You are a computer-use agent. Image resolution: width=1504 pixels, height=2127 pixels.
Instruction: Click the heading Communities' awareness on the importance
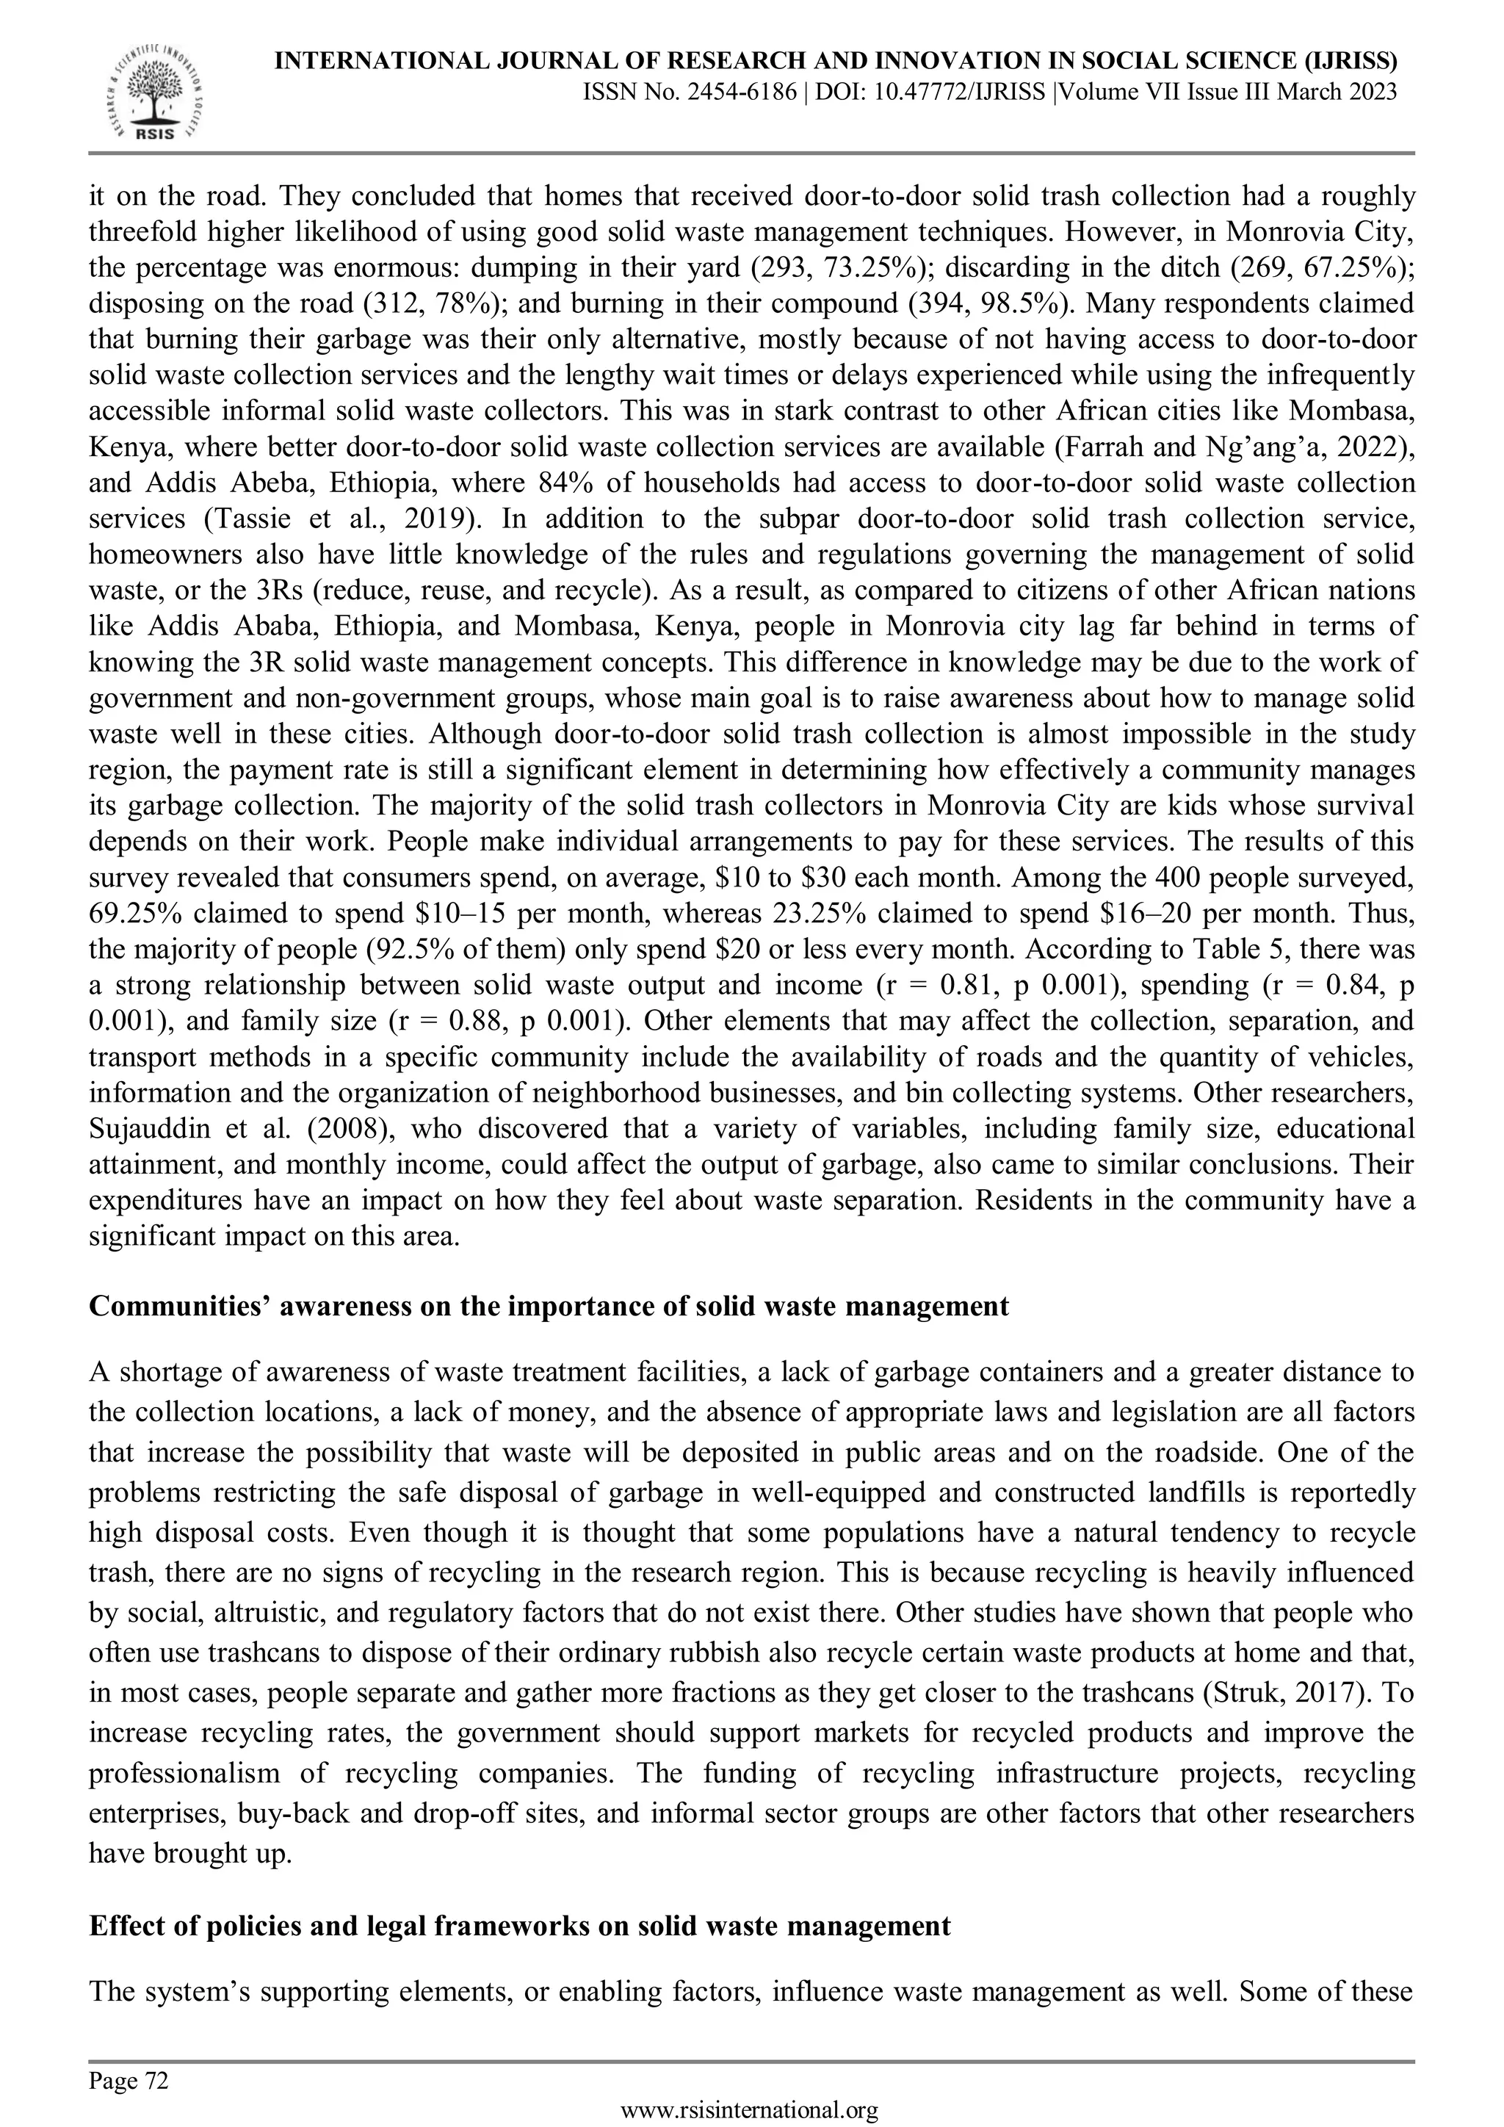[x=549, y=1306]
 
